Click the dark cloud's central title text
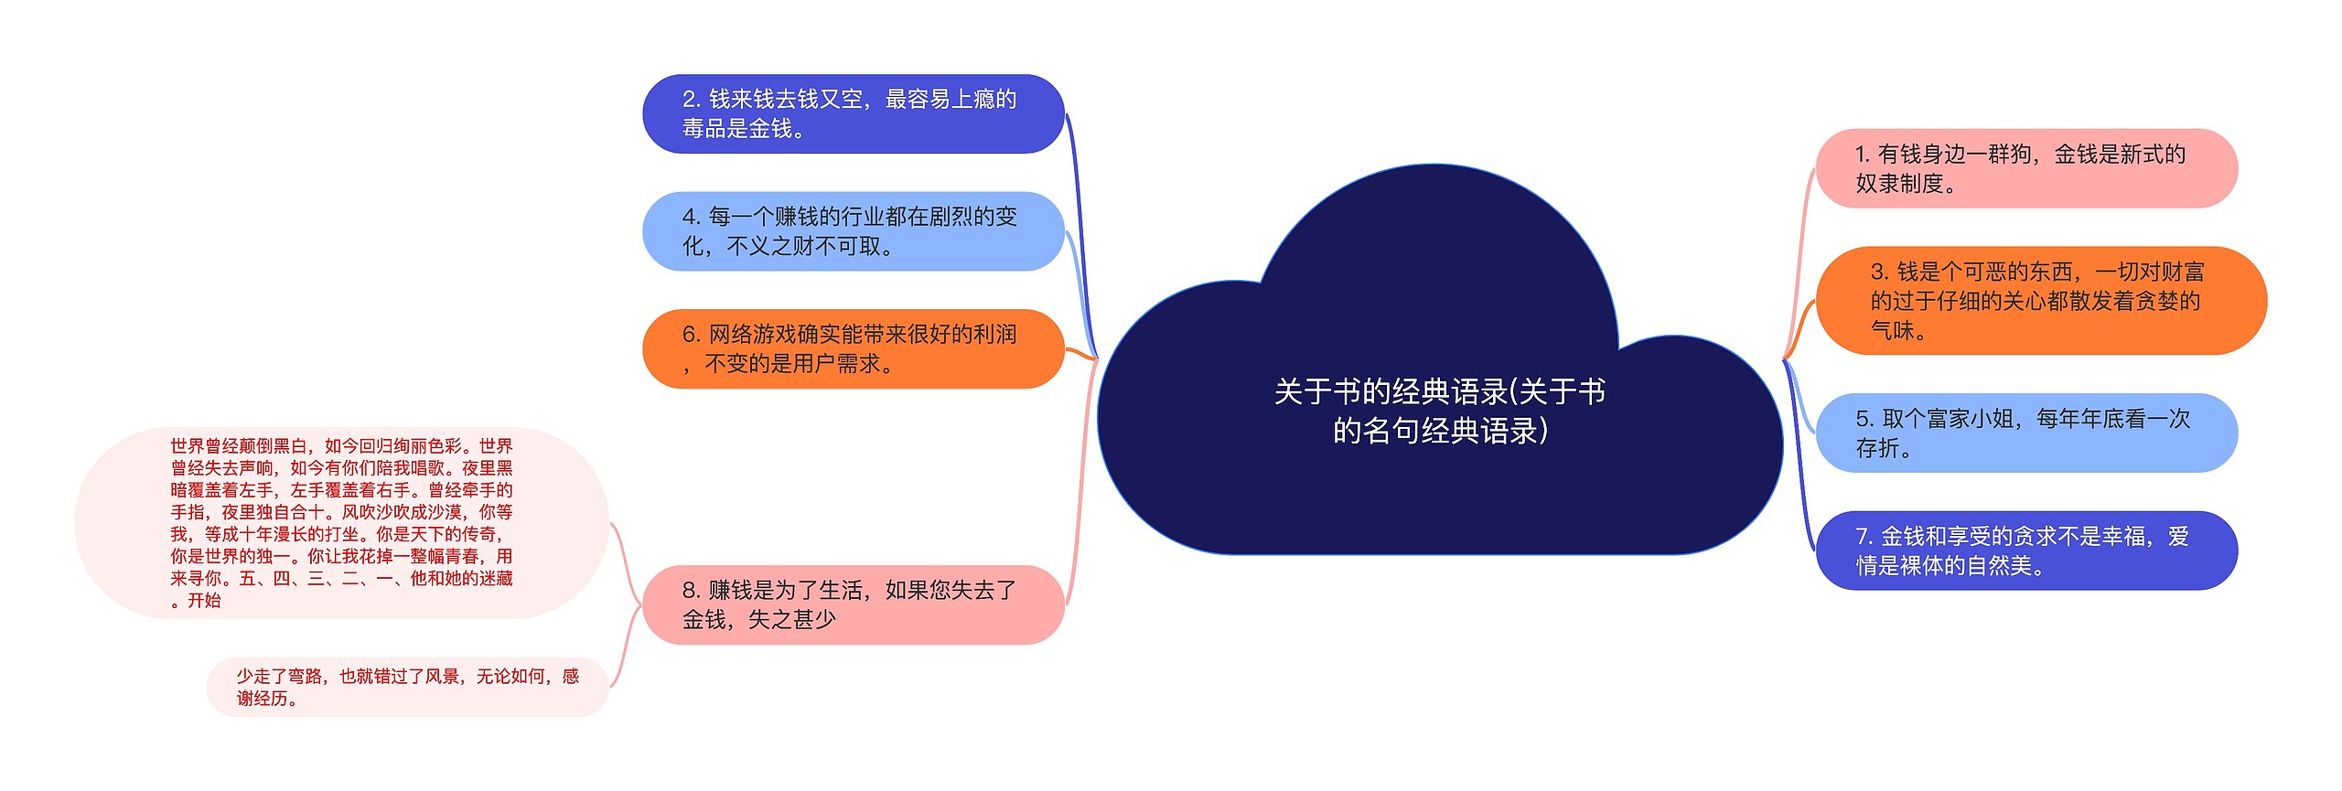click(1439, 411)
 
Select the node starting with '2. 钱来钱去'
click(853, 113)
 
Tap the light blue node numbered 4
click(853, 231)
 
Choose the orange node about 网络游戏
click(853, 348)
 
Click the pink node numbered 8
click(853, 604)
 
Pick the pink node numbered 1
click(2025, 168)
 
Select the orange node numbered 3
click(2040, 300)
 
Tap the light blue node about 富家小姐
click(2025, 433)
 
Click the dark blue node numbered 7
click(2025, 550)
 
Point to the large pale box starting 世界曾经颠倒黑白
click(340, 522)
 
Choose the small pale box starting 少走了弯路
click(407, 687)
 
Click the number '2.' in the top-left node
click(692, 100)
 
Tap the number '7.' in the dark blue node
click(1864, 537)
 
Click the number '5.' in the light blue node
click(1865, 419)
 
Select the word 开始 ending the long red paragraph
click(204, 601)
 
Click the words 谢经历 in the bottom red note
click(262, 699)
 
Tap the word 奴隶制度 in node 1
click(1899, 184)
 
